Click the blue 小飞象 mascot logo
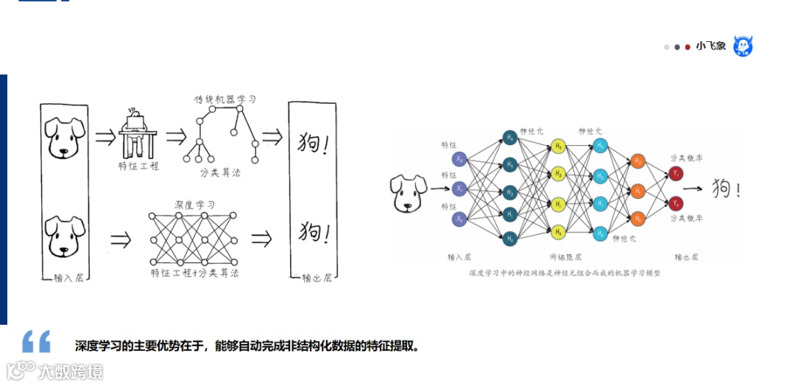[x=743, y=46]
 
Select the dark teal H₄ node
[x=509, y=137]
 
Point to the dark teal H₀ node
[x=509, y=238]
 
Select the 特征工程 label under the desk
[x=138, y=166]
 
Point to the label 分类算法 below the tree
[x=219, y=173]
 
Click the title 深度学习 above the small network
[x=194, y=204]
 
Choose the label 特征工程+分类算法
[x=194, y=273]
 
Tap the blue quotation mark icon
[x=36, y=341]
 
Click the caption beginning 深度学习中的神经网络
[x=565, y=273]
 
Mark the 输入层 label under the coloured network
[x=460, y=257]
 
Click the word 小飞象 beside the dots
[x=711, y=46]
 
